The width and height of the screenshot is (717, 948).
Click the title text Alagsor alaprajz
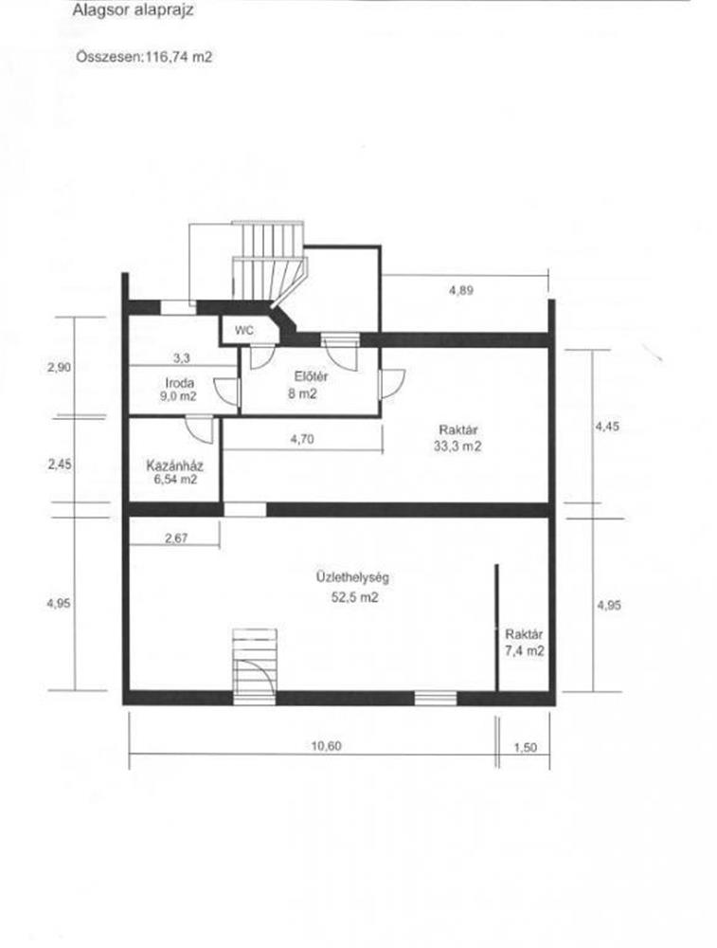coord(133,10)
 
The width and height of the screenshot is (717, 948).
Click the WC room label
coord(244,331)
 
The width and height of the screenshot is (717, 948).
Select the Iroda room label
coord(179,383)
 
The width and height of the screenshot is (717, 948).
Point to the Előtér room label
coord(311,376)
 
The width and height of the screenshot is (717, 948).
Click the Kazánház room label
coord(174,466)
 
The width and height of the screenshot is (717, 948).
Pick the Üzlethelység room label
coord(352,577)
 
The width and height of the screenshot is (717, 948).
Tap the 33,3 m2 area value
coord(457,447)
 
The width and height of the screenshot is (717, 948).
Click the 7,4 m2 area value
coord(525,650)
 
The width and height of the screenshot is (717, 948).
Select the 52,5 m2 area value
coord(354,597)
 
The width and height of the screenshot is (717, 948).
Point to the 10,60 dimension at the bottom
coord(326,745)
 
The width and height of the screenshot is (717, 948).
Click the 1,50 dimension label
coord(525,748)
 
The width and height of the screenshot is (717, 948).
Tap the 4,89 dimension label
coord(461,290)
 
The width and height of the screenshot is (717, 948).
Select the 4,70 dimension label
coord(302,440)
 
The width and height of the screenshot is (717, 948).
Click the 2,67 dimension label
coord(176,538)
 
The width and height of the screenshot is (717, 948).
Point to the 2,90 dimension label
coord(59,367)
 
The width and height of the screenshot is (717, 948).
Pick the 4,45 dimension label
coord(607,427)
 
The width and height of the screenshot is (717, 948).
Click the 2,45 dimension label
coord(60,465)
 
